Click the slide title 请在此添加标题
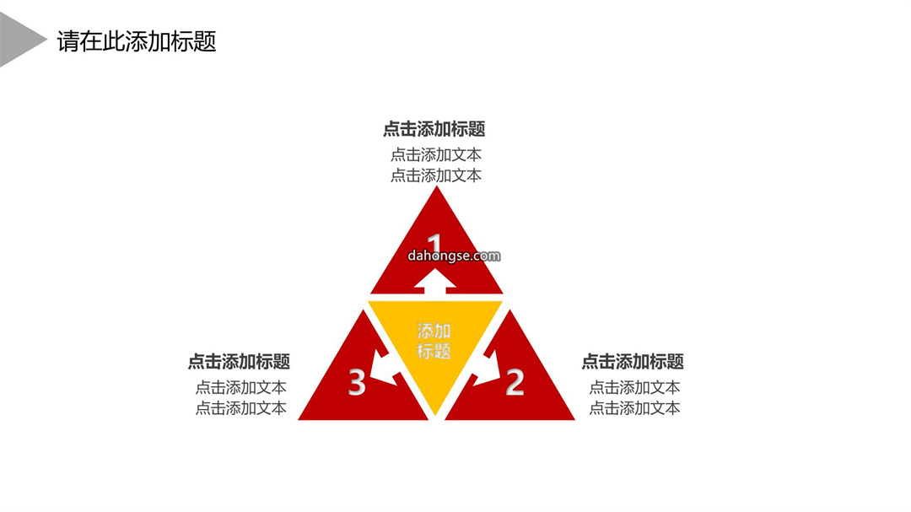point(137,41)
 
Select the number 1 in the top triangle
point(434,244)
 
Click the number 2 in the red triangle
point(515,382)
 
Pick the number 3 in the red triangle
point(357,382)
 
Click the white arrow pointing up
point(434,279)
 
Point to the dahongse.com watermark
point(454,256)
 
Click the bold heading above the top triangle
point(434,129)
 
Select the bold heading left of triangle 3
point(239,362)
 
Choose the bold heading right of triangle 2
point(633,362)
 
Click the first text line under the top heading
point(436,154)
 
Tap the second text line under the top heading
point(436,175)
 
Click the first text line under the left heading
point(240,387)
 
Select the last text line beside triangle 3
point(240,408)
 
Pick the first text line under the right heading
point(634,387)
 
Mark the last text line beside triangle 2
point(634,408)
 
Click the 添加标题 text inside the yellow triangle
point(434,341)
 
